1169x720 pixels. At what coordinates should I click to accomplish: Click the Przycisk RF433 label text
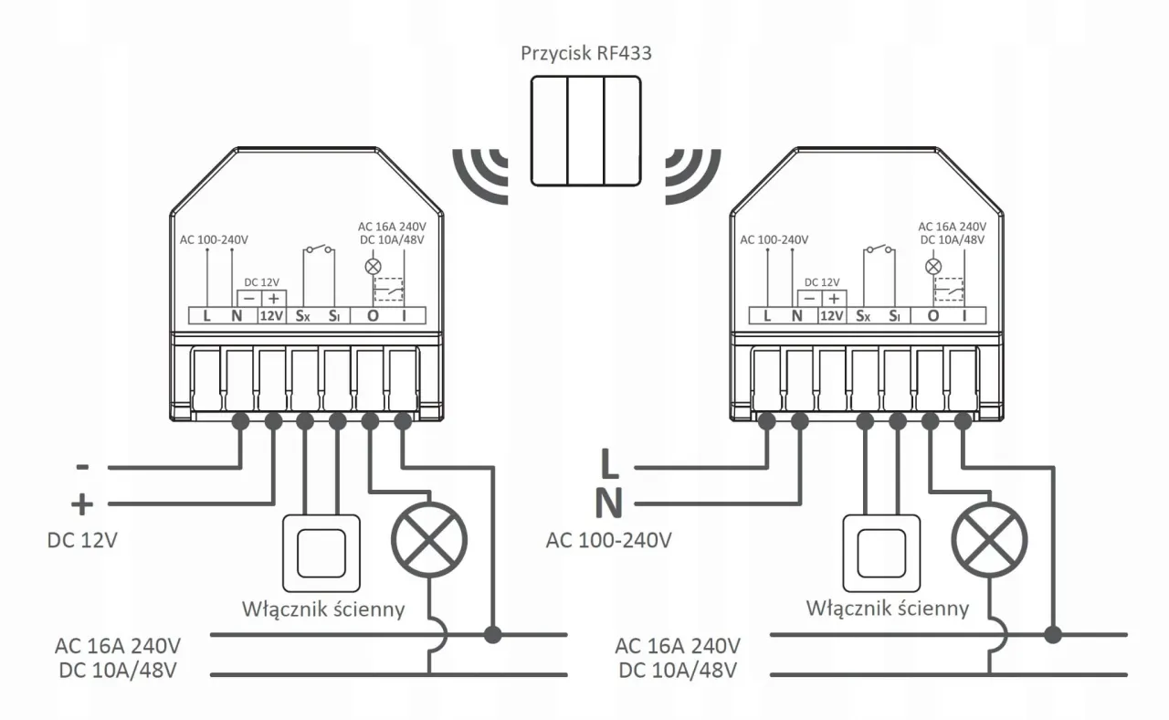coord(585,52)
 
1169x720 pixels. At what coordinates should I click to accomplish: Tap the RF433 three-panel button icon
coord(585,132)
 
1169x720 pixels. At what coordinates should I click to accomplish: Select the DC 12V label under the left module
coord(82,540)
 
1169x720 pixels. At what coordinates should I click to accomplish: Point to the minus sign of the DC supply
coord(82,467)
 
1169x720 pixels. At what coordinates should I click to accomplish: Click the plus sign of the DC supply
coord(82,503)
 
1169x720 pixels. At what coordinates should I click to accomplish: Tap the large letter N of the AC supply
coord(609,503)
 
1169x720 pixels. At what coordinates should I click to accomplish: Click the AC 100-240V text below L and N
coord(609,540)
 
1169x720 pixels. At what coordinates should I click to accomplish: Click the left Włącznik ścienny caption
coord(323,609)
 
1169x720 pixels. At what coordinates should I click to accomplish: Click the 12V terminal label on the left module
coord(271,316)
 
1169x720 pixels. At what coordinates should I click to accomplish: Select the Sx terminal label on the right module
coord(863,316)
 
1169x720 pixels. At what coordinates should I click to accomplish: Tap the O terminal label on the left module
coord(373,316)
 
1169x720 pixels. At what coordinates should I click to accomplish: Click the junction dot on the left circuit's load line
coord(494,634)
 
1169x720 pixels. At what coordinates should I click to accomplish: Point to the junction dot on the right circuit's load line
coord(1054,634)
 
